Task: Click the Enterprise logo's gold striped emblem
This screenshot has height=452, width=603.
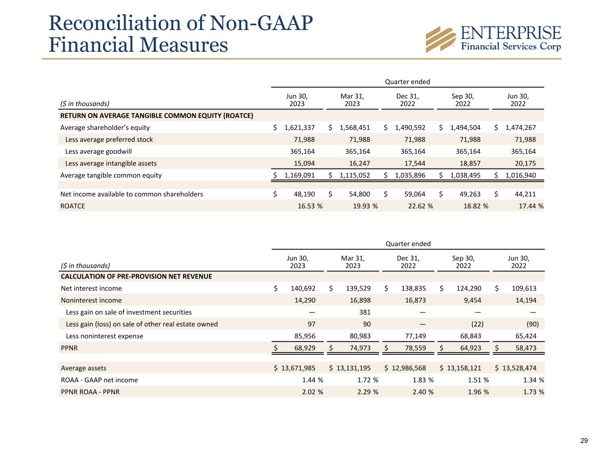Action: (x=440, y=39)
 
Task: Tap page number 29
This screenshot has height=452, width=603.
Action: (x=584, y=441)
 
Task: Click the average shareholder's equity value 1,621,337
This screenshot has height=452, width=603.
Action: (x=300, y=128)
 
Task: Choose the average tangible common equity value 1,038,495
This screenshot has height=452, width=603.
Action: (x=465, y=175)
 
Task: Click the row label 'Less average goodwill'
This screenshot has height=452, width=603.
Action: (x=92, y=151)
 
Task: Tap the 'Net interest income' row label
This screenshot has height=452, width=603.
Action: (x=91, y=288)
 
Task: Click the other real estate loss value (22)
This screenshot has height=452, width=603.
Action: (x=477, y=324)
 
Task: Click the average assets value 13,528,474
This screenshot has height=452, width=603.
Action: (x=520, y=368)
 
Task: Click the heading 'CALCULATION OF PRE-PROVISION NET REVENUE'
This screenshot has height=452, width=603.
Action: (x=137, y=276)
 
